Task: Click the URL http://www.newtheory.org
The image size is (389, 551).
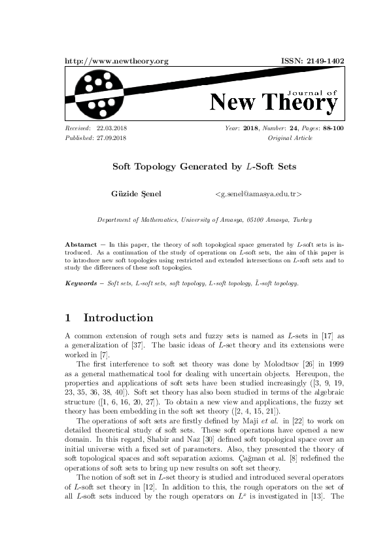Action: (x=117, y=61)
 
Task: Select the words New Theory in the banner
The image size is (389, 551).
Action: (x=274, y=103)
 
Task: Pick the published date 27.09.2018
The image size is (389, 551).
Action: (x=111, y=138)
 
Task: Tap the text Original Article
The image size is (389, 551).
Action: (x=290, y=138)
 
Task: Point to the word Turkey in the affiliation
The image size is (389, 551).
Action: (x=301, y=221)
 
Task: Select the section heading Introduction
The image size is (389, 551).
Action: (x=118, y=318)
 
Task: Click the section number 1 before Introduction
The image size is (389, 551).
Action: (x=68, y=318)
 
